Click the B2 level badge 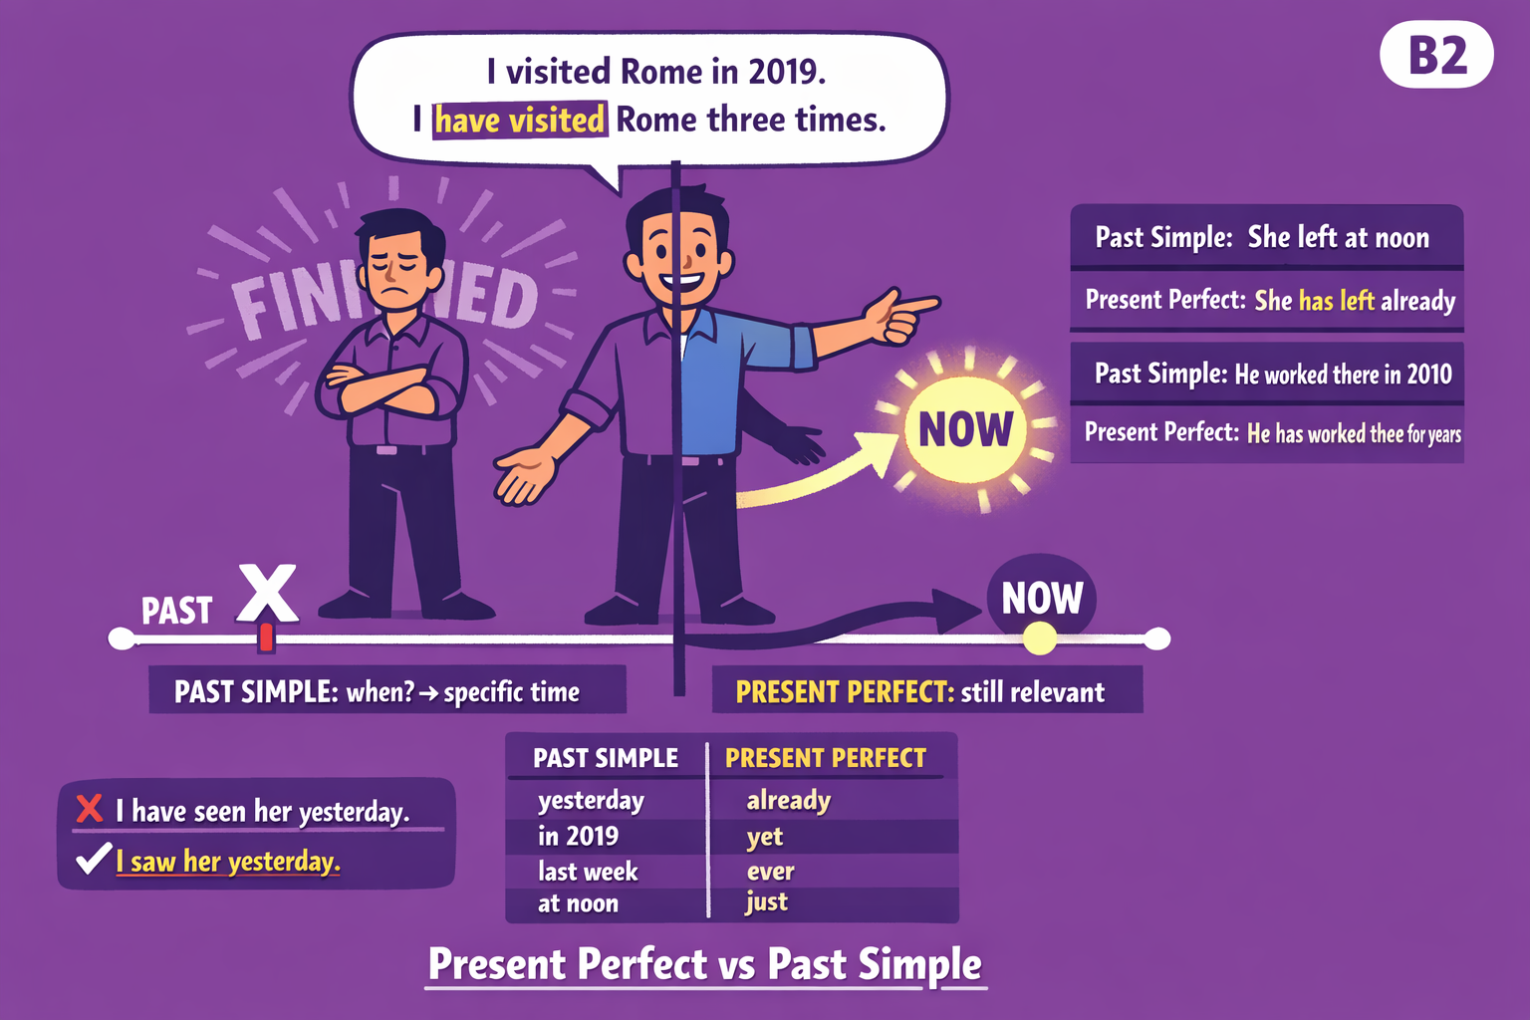pos(1436,56)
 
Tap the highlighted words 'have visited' pos(519,121)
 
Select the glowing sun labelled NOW pos(965,430)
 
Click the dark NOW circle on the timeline pos(1042,599)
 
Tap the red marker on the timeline pos(266,637)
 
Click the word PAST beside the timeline pos(176,611)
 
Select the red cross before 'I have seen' pos(90,808)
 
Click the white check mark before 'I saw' pos(93,858)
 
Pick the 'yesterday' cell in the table pos(591,801)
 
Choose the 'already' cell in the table pos(788,801)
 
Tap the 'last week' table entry pos(588,873)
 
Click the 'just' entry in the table pos(766,902)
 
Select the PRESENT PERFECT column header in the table pos(825,759)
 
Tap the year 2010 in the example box pos(1428,375)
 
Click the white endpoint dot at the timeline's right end pos(1156,638)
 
